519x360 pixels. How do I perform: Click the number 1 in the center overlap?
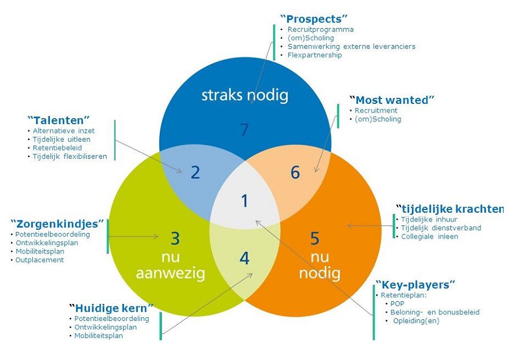pyautogui.click(x=244, y=201)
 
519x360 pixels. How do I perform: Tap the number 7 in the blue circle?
pyautogui.click(x=245, y=130)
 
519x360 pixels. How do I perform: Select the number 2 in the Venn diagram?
pyautogui.click(x=195, y=173)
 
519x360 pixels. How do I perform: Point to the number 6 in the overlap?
pyautogui.click(x=295, y=173)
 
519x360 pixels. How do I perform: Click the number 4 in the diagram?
pyautogui.click(x=244, y=258)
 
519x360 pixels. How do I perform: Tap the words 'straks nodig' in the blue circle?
pyautogui.click(x=244, y=95)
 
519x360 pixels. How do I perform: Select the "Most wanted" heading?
pyautogui.click(x=392, y=100)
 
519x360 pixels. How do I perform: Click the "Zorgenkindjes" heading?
pyautogui.click(x=57, y=224)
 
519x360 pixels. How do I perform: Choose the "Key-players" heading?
pyautogui.click(x=415, y=285)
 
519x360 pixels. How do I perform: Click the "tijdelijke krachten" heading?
pyautogui.click(x=449, y=208)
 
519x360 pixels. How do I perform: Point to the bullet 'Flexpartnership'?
pyautogui.click(x=314, y=55)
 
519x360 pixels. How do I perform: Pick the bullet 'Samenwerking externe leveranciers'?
pyautogui.click(x=351, y=47)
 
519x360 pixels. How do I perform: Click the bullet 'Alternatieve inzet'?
pyautogui.click(x=64, y=131)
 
